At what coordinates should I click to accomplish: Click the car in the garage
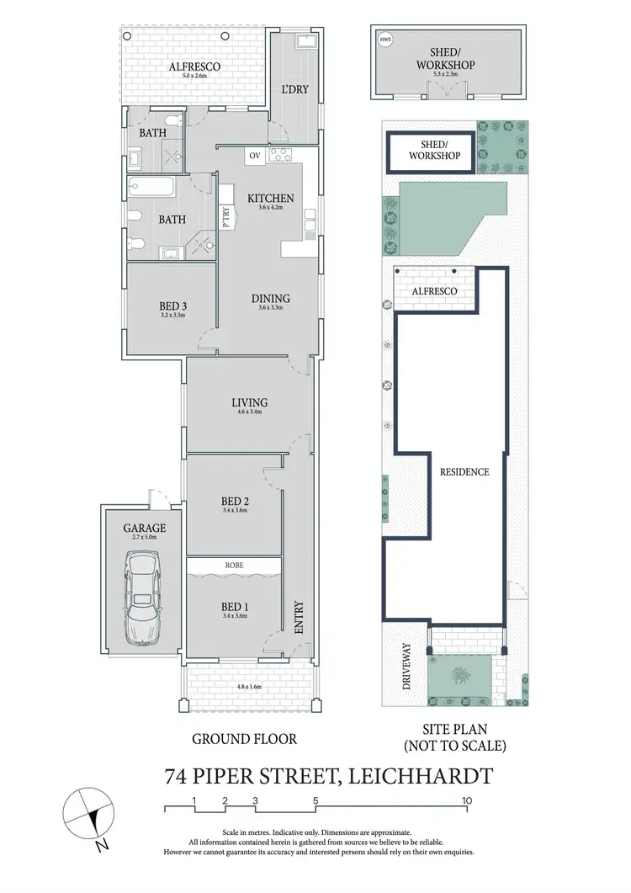click(x=141, y=598)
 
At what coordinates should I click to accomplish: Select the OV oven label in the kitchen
click(x=253, y=156)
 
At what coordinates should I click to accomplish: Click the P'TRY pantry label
click(x=225, y=218)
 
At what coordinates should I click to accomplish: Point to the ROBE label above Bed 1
click(x=234, y=566)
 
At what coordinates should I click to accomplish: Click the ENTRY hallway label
click(x=298, y=618)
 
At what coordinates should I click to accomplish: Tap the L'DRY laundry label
click(x=294, y=90)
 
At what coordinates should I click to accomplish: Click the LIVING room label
click(x=249, y=402)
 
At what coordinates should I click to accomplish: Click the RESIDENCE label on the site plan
click(x=464, y=472)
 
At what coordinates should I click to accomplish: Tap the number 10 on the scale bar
click(x=466, y=800)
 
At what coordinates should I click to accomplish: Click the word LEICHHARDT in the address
click(x=423, y=775)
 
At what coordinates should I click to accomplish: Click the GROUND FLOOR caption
click(x=245, y=739)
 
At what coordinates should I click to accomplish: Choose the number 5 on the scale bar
click(x=315, y=800)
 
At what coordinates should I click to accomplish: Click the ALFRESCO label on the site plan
click(x=434, y=291)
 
